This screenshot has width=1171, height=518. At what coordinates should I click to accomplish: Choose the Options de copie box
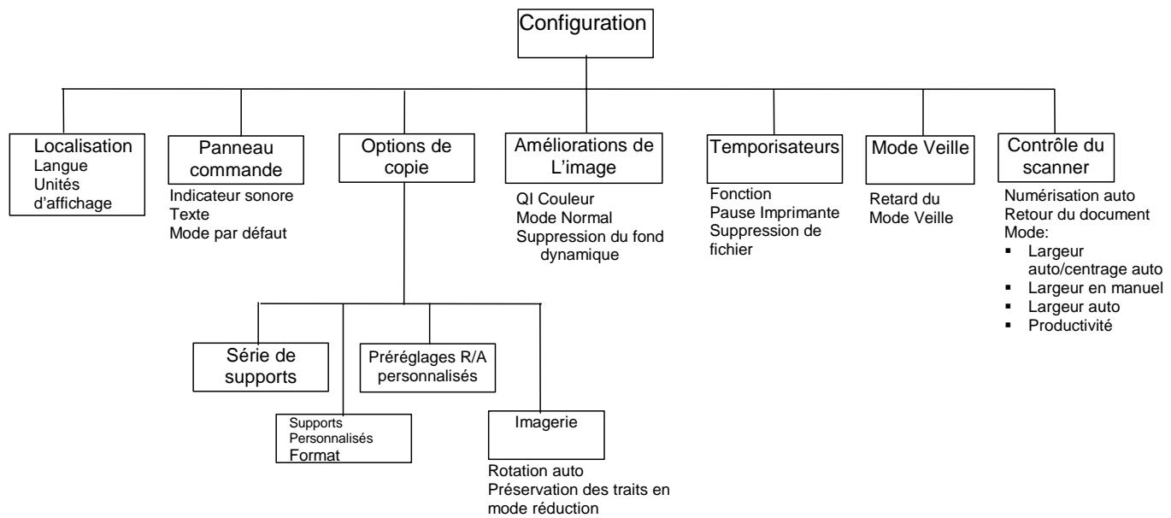click(403, 156)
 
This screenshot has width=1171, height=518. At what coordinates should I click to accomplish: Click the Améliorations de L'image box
click(586, 156)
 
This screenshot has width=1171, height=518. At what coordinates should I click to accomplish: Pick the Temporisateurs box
click(773, 147)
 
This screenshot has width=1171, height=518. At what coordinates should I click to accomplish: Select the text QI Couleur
click(550, 198)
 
